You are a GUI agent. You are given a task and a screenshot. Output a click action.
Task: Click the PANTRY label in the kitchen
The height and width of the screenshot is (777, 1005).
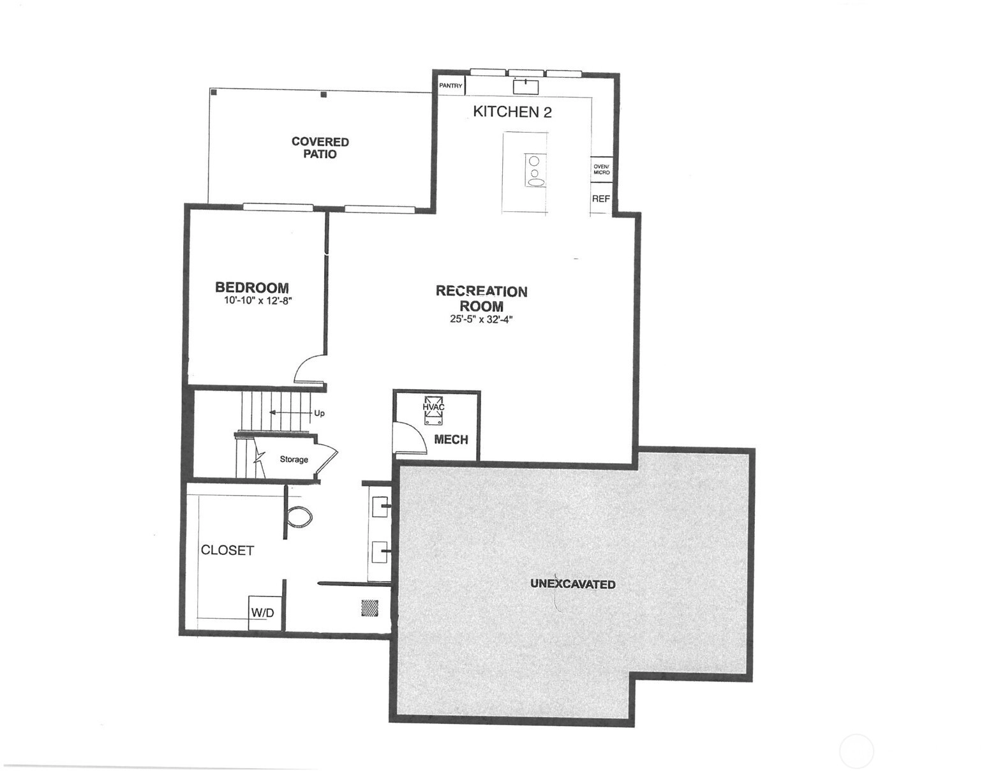click(450, 86)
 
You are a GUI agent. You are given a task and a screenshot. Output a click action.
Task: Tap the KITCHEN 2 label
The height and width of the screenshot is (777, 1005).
click(512, 112)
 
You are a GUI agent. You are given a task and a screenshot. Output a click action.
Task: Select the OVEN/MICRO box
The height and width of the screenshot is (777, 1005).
click(601, 170)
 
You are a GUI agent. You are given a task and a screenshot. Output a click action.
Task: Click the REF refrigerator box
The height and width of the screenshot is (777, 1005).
click(601, 199)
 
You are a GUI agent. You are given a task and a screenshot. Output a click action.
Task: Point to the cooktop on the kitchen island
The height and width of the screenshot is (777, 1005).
click(535, 170)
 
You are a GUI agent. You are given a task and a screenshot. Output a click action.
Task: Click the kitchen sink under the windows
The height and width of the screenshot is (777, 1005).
click(526, 86)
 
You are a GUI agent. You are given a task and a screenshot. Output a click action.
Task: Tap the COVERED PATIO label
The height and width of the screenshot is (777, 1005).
click(320, 148)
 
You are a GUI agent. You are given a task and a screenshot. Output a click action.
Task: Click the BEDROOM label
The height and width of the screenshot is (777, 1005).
click(252, 288)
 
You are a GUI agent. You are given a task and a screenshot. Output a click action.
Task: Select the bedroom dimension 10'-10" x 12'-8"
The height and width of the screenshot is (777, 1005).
click(258, 301)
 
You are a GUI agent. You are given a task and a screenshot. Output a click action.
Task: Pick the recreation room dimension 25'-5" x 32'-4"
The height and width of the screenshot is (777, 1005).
click(481, 320)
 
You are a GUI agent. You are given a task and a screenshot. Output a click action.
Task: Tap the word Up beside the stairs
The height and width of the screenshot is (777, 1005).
click(319, 413)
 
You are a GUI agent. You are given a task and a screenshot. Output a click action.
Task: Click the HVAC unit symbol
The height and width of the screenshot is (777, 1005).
click(433, 411)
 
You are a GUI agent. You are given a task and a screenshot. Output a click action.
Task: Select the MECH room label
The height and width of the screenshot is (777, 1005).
click(451, 440)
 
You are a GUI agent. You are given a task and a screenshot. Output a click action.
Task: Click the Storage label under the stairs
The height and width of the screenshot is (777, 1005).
click(294, 459)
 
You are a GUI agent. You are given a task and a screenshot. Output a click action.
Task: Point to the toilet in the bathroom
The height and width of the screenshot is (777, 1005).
click(299, 517)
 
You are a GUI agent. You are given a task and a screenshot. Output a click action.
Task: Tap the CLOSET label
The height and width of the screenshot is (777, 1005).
click(227, 551)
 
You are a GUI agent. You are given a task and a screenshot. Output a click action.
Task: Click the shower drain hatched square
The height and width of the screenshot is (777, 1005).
click(369, 609)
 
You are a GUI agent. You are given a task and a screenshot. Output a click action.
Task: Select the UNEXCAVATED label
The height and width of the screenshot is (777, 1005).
click(572, 584)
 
